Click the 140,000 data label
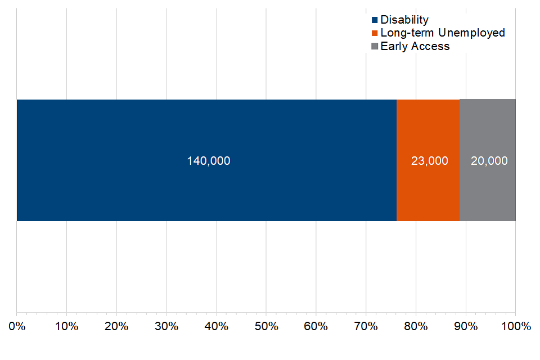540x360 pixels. (x=209, y=161)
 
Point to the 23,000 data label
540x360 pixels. (x=430, y=161)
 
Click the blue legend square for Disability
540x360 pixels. (x=375, y=20)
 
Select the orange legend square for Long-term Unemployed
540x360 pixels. (x=375, y=33)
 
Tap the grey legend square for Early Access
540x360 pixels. (x=375, y=47)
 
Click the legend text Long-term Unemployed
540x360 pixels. (x=443, y=33)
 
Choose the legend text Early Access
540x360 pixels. (x=415, y=46)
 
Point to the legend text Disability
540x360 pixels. (x=404, y=20)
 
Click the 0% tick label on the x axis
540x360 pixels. (x=17, y=326)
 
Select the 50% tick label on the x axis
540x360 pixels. (x=266, y=326)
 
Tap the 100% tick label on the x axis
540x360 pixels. (x=515, y=326)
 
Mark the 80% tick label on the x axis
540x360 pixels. (x=416, y=326)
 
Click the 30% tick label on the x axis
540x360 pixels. (x=166, y=326)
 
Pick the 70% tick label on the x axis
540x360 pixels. (x=366, y=326)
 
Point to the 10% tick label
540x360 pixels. (x=66, y=326)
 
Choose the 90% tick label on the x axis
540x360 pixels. (x=466, y=326)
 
